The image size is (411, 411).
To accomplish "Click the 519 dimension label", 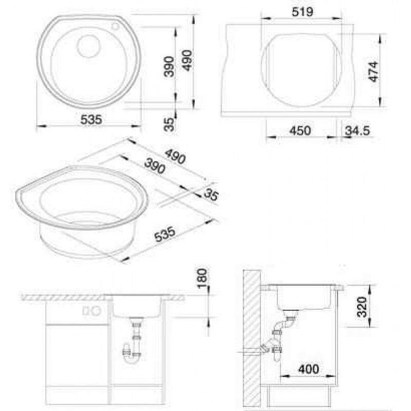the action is (x=303, y=12).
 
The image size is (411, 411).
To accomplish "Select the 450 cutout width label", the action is (x=300, y=130).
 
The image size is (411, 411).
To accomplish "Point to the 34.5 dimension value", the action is (x=357, y=131).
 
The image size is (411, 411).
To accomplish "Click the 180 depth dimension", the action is (x=202, y=278).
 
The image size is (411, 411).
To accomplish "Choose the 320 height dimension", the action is (x=362, y=307).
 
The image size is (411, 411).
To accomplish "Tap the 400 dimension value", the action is (x=309, y=369).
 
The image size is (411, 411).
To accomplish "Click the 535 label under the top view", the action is (x=91, y=120).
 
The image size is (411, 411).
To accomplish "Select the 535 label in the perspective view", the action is (x=164, y=234).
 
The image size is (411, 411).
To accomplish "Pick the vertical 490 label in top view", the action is (x=188, y=60).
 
